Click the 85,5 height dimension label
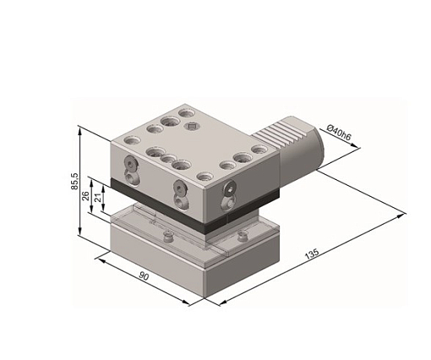(75, 182)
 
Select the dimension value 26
(85, 195)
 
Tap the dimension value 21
(98, 198)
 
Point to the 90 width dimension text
(144, 276)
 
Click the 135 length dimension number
(312, 254)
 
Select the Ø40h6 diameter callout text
(339, 133)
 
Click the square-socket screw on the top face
(192, 126)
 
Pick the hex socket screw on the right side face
(231, 189)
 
